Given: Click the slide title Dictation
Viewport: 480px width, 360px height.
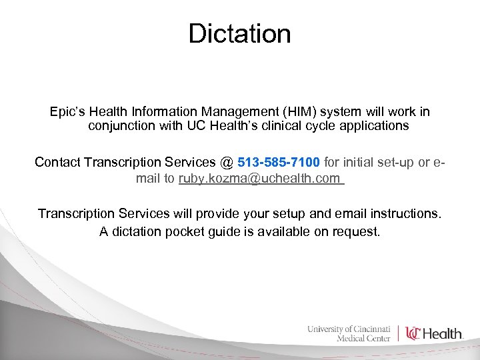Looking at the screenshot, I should [239, 33].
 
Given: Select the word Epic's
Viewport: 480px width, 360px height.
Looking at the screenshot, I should [69, 111].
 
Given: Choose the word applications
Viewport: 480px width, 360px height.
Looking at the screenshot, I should [377, 125].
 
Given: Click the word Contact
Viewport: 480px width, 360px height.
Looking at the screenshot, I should [58, 162].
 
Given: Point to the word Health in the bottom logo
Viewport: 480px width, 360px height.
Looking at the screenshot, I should [443, 333].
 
